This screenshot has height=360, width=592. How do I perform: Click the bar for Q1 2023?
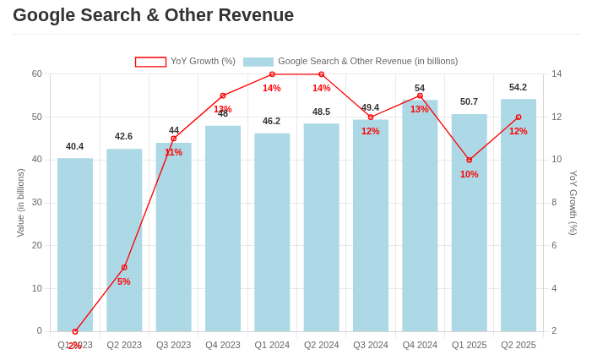point(75,245)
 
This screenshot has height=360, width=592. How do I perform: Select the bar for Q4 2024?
point(420,215)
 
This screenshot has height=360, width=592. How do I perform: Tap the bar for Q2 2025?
point(519,215)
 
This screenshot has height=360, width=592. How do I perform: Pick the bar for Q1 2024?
point(272,232)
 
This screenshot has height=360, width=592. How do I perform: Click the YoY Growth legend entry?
point(186,62)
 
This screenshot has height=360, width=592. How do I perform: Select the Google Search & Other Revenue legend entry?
point(350,62)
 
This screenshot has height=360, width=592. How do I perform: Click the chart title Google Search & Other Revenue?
point(154,15)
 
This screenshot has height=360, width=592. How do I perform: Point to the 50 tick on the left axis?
point(37,117)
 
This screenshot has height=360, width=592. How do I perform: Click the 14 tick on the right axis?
point(557,74)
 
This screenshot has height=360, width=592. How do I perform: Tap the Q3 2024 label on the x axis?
point(371,345)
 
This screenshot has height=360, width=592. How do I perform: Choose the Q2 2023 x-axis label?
point(124,345)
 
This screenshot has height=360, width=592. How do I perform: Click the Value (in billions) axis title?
point(21,203)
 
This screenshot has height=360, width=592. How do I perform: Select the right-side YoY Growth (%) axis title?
point(573,203)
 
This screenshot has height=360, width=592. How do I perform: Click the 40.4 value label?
point(75,146)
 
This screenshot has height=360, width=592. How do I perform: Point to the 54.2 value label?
point(518,87)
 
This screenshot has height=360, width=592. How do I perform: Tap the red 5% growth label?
point(124,281)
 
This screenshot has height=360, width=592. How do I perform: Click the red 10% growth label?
point(470,174)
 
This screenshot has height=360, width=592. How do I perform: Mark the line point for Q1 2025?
point(470,160)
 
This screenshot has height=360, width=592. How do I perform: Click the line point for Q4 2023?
point(223,95)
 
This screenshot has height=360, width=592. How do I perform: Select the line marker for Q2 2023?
point(124,267)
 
